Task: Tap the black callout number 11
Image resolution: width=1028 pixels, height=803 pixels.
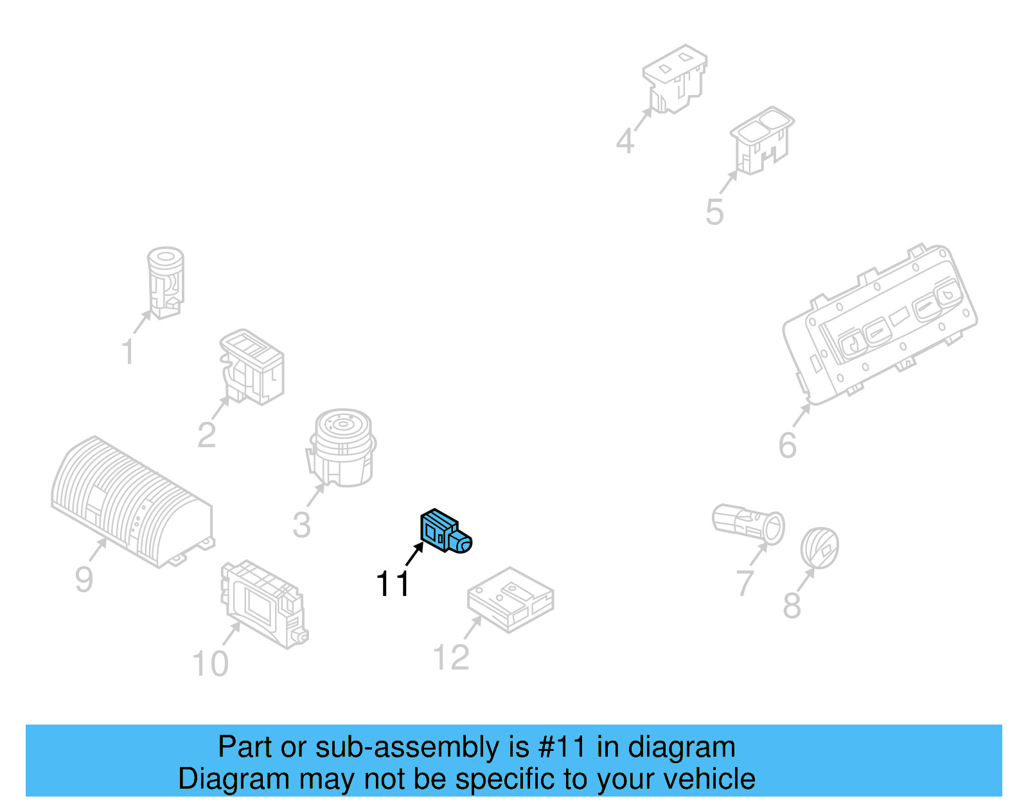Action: click(393, 584)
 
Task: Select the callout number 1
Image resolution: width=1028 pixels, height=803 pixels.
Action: click(128, 352)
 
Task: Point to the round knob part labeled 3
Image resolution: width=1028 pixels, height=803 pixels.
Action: click(342, 447)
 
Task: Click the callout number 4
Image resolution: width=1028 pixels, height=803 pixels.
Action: click(625, 140)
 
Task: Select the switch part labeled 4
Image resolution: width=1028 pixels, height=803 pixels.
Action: click(675, 77)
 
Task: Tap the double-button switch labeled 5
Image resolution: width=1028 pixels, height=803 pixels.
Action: click(761, 140)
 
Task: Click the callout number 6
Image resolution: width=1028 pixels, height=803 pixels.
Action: click(788, 445)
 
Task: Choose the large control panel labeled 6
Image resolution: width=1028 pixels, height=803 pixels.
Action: click(880, 325)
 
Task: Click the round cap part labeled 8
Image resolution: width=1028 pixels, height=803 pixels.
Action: click(819, 548)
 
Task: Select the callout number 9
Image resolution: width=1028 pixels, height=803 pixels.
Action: click(84, 579)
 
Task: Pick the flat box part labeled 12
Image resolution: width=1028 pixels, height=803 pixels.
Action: click(510, 599)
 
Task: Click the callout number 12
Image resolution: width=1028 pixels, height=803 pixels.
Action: click(451, 657)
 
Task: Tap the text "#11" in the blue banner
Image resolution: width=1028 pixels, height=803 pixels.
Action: click(562, 747)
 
